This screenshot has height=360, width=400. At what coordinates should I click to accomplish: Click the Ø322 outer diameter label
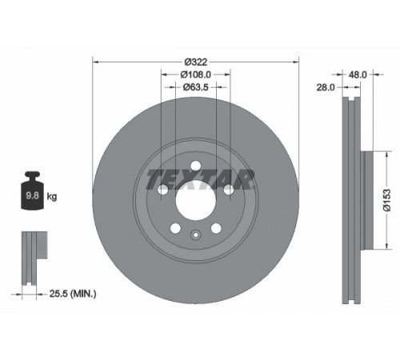[196, 62]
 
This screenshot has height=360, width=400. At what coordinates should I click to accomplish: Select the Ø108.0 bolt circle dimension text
[196, 74]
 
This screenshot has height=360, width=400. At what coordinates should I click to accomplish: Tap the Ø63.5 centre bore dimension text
[196, 87]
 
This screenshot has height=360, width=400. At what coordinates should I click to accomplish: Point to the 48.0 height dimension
[358, 74]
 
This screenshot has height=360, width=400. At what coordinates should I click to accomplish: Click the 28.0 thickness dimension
[326, 87]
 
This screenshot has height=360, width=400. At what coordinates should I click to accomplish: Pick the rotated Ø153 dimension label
[387, 200]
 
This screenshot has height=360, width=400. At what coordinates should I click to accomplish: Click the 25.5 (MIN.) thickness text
[73, 294]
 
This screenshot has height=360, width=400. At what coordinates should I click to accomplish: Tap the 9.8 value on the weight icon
[32, 196]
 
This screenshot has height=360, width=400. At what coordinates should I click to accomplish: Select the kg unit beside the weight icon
[52, 197]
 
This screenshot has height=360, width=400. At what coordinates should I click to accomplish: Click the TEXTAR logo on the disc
[200, 179]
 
